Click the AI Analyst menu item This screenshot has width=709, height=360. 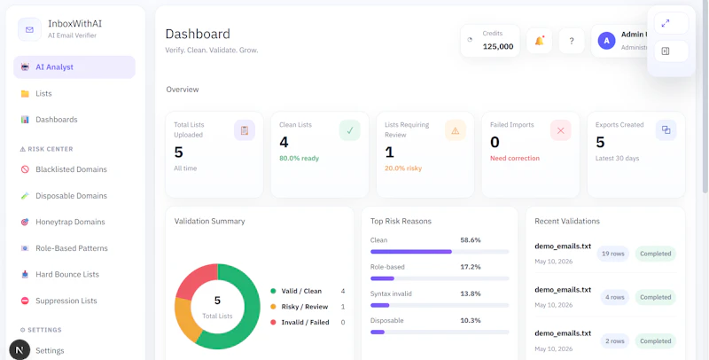[74, 67]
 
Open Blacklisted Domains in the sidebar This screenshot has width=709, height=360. [71, 169]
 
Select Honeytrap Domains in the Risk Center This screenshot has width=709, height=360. [70, 222]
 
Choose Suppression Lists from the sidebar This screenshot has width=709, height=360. [66, 301]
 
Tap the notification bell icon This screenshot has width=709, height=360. [539, 41]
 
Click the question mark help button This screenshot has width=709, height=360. [572, 41]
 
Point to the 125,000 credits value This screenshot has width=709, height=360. [498, 46]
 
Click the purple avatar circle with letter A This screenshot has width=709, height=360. [606, 41]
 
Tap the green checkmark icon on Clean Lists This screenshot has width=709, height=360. [349, 130]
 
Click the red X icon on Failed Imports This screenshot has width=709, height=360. [561, 130]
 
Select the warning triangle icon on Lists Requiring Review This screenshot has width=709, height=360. [456, 130]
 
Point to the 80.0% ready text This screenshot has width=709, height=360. [299, 159]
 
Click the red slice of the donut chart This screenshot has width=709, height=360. [195, 278]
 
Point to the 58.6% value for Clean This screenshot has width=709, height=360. [471, 240]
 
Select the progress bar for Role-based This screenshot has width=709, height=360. [440, 278]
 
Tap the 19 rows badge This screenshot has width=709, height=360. [613, 254]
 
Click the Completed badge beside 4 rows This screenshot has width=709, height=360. [655, 297]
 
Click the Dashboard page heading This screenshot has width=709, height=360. [198, 34]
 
